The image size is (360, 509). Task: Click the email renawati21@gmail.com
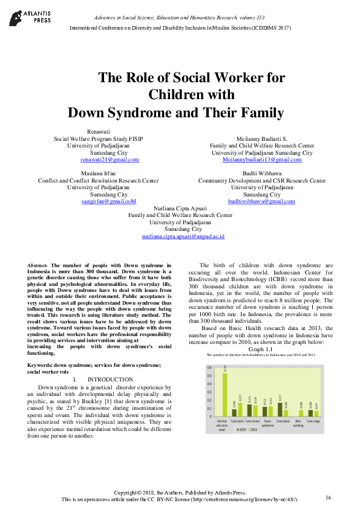110,160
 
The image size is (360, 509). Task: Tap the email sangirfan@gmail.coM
109,201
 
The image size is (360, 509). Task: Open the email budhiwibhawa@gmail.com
261,201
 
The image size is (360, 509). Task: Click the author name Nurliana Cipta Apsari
180,208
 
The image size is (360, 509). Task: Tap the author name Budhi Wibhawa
262,173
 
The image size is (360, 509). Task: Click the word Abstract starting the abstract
39,265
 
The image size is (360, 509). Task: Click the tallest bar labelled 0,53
225,391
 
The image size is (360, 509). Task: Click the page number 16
329,497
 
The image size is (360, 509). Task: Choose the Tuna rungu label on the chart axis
313,420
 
